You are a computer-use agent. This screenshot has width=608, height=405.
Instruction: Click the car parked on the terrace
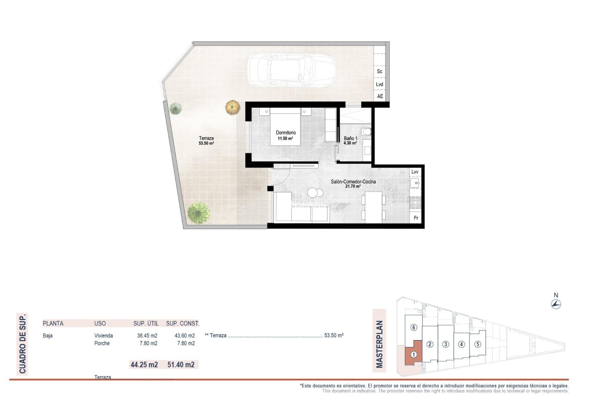click(291, 70)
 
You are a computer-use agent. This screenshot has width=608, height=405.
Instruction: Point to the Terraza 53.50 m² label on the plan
click(206, 140)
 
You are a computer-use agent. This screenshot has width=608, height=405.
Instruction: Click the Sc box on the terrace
click(379, 72)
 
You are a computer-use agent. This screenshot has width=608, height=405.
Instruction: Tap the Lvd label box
click(379, 84)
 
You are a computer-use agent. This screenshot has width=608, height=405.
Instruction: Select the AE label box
click(380, 96)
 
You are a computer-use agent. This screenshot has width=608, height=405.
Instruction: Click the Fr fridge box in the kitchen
click(416, 218)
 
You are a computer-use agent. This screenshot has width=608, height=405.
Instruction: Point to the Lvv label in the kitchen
click(415, 172)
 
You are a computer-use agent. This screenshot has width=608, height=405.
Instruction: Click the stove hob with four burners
click(415, 202)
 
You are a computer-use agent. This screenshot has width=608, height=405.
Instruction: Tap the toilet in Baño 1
click(366, 131)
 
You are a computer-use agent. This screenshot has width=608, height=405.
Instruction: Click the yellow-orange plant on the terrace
click(233, 107)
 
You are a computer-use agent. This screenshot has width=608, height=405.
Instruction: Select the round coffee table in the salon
click(315, 192)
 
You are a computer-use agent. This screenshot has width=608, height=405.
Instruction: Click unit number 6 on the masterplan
click(414, 327)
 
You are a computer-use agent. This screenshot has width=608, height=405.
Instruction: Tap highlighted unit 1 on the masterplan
click(414, 355)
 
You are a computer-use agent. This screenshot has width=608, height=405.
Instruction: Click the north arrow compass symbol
click(556, 304)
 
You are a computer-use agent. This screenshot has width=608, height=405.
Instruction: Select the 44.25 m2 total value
click(144, 364)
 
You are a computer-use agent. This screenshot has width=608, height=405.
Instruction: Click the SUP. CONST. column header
click(183, 323)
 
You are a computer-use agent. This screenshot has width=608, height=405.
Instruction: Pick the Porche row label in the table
click(102, 343)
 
